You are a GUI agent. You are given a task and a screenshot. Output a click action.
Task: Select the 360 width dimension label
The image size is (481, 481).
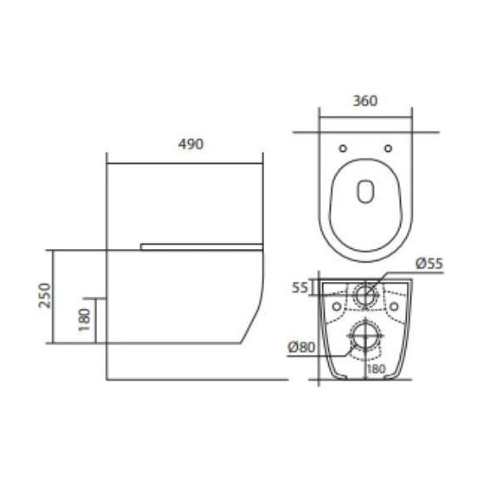pos(364,100)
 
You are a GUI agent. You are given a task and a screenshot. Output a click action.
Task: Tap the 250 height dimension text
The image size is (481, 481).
pos(47,295)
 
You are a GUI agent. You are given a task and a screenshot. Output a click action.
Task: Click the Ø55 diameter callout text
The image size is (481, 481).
pos(429,264)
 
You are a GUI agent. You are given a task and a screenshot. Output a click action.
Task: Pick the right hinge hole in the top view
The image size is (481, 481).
pos(387,149)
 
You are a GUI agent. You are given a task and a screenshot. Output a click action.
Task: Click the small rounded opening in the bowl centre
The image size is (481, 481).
pos(365,193)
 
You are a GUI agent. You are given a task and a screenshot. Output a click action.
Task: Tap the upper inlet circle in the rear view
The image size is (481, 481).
pos(365,294)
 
